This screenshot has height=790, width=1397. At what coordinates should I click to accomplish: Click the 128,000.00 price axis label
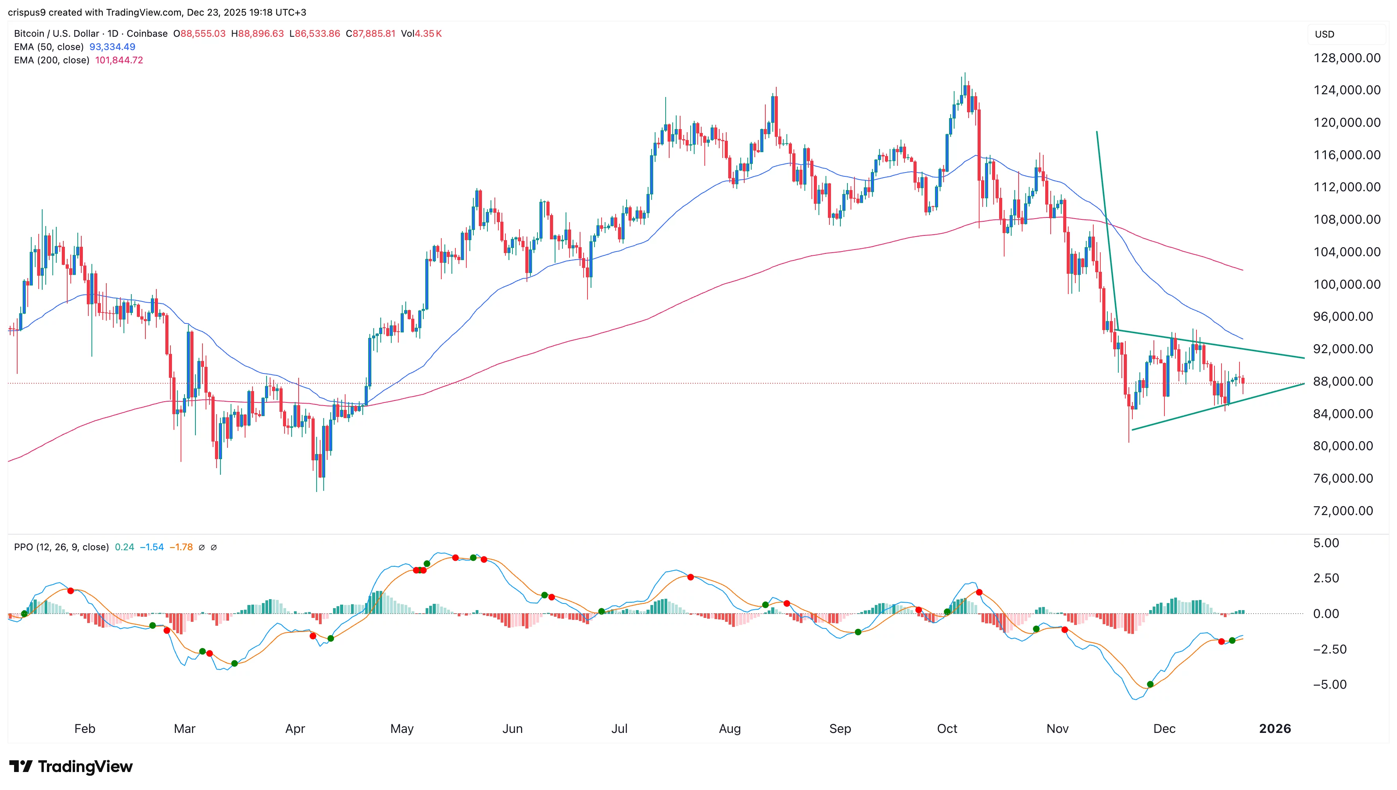click(1347, 58)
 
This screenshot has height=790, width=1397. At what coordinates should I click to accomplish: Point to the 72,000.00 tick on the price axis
click(1343, 511)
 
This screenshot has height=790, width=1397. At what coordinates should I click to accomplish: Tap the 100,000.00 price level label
click(1347, 284)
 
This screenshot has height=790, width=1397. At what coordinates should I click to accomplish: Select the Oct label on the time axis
click(947, 729)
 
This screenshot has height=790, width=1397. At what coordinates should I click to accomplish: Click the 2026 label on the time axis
click(1274, 729)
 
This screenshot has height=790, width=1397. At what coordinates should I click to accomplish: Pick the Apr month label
click(295, 729)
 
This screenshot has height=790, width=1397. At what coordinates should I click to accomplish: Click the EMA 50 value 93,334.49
click(112, 47)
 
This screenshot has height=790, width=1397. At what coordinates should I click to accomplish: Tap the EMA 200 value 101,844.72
click(119, 60)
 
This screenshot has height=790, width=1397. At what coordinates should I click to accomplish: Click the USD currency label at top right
click(1324, 34)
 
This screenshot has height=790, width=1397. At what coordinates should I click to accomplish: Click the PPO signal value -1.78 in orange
click(181, 547)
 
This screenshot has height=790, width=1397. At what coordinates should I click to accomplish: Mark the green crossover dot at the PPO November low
click(1150, 684)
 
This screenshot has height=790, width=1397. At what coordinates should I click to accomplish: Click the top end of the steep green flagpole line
click(1096, 131)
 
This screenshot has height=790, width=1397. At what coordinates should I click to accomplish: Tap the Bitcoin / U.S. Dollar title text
click(56, 34)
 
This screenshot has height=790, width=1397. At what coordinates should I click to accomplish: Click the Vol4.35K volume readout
click(421, 34)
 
